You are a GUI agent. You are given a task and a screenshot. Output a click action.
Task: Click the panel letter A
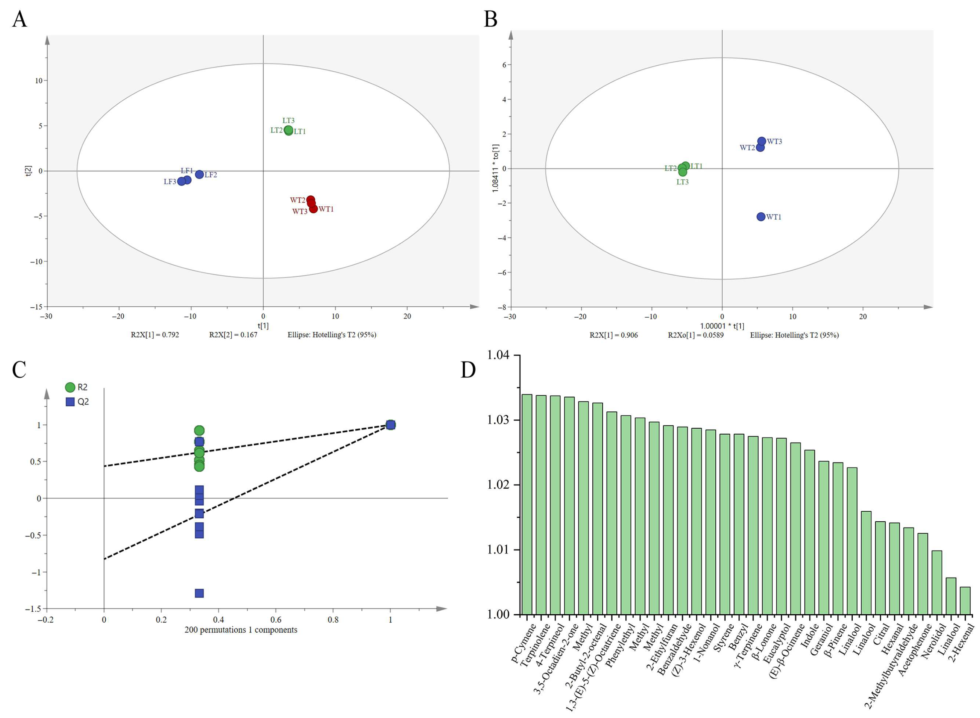click(20, 20)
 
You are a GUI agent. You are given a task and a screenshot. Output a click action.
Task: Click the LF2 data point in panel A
click(199, 174)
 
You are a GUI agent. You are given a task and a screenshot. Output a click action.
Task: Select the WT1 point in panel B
click(761, 216)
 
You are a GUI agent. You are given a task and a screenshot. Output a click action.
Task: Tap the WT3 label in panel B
click(774, 141)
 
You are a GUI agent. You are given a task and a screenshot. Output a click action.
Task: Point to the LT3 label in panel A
click(288, 120)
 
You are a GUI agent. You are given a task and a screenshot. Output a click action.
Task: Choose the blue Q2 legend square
click(70, 402)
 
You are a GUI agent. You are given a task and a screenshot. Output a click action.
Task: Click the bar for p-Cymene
click(527, 504)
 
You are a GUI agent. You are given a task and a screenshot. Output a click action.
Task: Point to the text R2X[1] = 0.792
click(155, 335)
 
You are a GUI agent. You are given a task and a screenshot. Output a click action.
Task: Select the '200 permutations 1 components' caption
click(241, 630)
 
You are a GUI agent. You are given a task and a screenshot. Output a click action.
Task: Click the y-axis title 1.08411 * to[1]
click(496, 168)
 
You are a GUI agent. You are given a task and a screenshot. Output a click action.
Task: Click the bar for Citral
click(880, 568)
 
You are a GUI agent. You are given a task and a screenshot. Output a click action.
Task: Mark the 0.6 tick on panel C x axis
click(276, 620)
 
